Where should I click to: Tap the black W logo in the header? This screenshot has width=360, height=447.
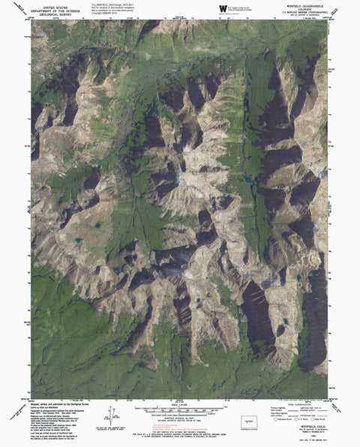click(223, 7)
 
